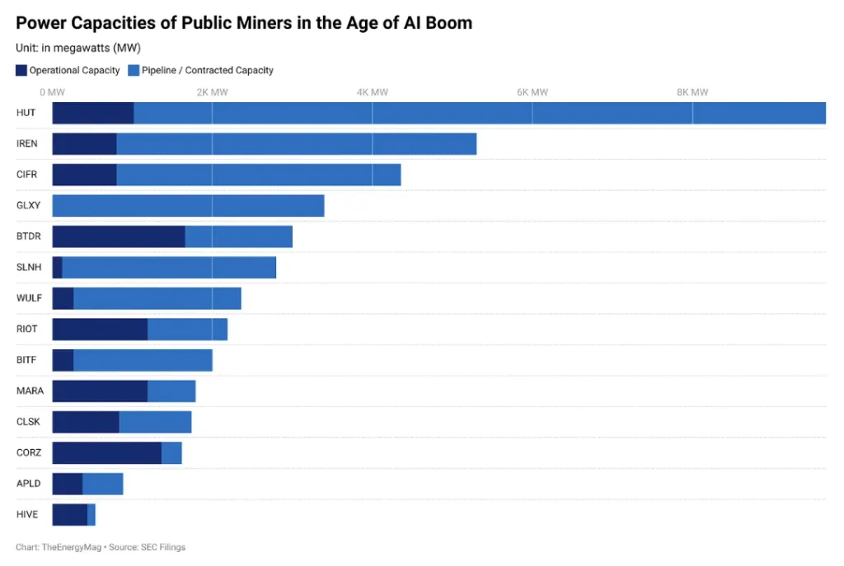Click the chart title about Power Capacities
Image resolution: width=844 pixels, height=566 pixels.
click(x=244, y=22)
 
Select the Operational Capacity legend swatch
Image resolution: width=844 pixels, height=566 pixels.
click(x=21, y=70)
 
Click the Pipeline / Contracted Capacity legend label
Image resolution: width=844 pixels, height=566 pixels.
click(x=207, y=70)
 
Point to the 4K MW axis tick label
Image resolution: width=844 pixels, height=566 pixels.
click(x=372, y=92)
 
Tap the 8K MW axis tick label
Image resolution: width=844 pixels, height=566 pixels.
click(x=692, y=92)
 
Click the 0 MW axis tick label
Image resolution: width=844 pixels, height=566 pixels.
click(x=52, y=92)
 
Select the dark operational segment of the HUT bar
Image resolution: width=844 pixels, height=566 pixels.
click(x=92, y=113)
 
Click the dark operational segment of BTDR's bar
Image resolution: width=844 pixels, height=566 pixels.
click(x=118, y=236)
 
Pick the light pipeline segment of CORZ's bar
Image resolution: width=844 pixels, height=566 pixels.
click(x=171, y=452)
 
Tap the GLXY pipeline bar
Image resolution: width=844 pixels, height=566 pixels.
click(x=188, y=205)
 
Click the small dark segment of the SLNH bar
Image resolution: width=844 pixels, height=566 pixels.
click(x=57, y=267)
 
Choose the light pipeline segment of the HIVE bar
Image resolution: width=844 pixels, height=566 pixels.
click(x=91, y=514)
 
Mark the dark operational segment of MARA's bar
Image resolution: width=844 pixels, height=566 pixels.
click(x=100, y=391)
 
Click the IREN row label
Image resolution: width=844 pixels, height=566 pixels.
click(x=26, y=143)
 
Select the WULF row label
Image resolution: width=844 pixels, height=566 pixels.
click(x=29, y=297)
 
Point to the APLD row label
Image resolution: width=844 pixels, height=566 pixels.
click(x=28, y=483)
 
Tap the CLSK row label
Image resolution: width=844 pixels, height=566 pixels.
click(x=28, y=421)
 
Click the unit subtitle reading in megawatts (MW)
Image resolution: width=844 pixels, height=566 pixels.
click(x=78, y=48)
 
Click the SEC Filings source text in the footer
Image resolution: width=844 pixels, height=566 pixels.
click(x=164, y=547)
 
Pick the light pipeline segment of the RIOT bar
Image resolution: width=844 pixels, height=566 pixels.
click(x=187, y=329)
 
